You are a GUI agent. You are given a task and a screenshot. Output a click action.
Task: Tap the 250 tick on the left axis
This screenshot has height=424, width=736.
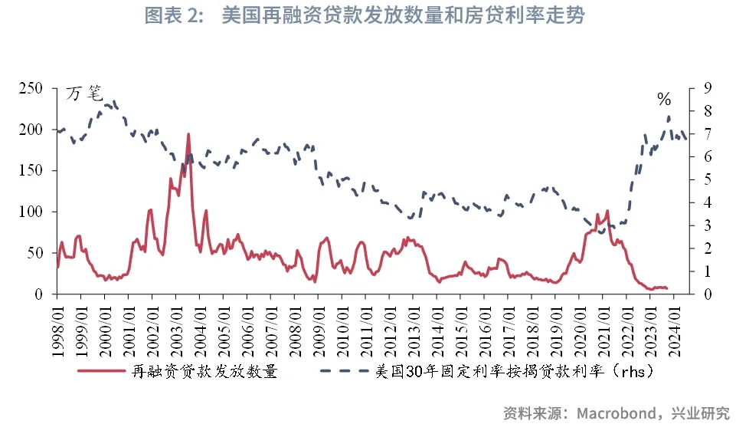[32, 89]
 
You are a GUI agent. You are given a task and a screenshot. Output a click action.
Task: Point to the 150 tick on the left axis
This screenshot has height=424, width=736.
[32, 171]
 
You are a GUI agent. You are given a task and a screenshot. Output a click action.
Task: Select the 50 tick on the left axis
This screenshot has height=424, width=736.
[36, 253]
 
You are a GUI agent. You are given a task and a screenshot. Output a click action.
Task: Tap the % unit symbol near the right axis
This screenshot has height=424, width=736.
[663, 100]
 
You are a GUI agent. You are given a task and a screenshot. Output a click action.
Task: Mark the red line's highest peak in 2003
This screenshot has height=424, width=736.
[188, 135]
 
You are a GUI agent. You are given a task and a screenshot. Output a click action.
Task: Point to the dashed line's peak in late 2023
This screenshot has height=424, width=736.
[669, 117]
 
